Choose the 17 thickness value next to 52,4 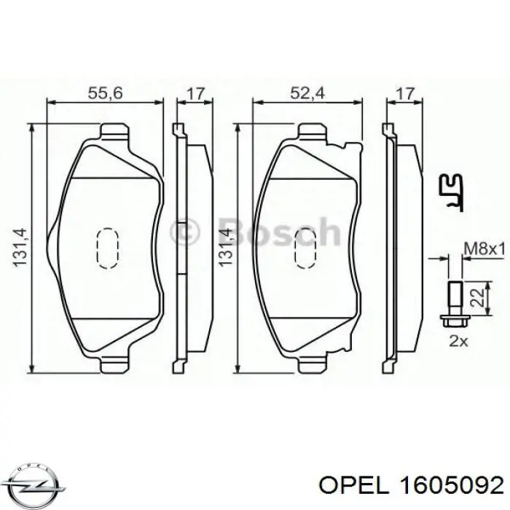[404, 94]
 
